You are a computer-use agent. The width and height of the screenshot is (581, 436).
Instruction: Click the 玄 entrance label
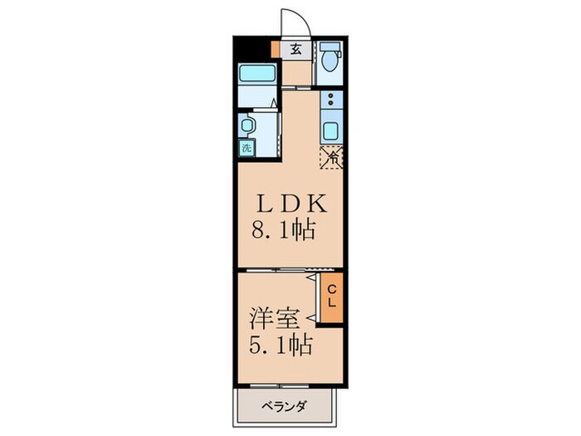(x=296, y=47)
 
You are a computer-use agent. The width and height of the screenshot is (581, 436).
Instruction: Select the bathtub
(x=257, y=73)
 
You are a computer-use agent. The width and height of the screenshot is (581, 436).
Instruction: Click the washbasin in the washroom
(x=247, y=125)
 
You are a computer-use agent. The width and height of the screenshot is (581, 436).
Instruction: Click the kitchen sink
(x=330, y=131)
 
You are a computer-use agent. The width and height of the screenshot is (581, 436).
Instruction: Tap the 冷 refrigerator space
(x=332, y=155)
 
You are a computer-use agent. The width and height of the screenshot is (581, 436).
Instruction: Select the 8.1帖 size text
(x=282, y=230)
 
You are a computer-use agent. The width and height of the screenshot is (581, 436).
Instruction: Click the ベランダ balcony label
(x=285, y=407)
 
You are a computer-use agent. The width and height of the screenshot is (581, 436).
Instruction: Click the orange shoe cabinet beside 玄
(x=275, y=48)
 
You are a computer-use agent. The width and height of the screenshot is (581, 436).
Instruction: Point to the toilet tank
(x=330, y=47)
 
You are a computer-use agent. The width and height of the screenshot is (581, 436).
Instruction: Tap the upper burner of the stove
(x=330, y=96)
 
